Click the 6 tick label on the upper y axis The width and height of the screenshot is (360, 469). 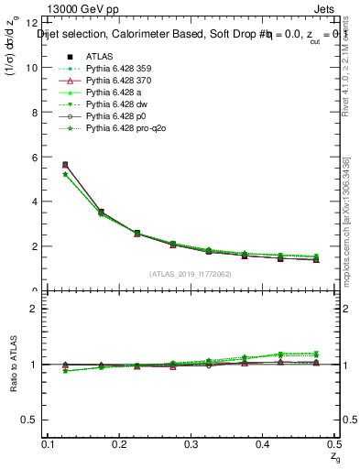click(x=35, y=157)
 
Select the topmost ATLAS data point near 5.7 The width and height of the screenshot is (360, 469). click(x=64, y=165)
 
